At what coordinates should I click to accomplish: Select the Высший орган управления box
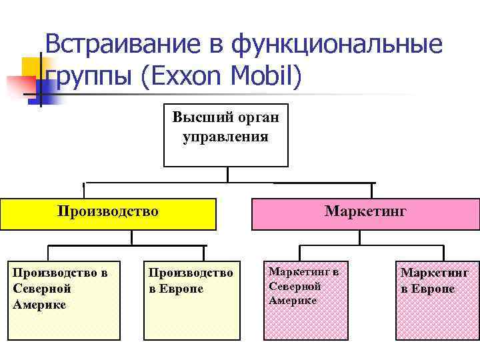(226, 135)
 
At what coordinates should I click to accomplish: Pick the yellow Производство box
(108, 213)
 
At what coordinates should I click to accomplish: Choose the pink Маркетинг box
(365, 213)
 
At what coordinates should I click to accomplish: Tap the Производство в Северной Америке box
(63, 300)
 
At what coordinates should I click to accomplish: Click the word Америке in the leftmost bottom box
(39, 305)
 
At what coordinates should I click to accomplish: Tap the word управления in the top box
(226, 137)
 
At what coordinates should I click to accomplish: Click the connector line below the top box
(227, 175)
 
